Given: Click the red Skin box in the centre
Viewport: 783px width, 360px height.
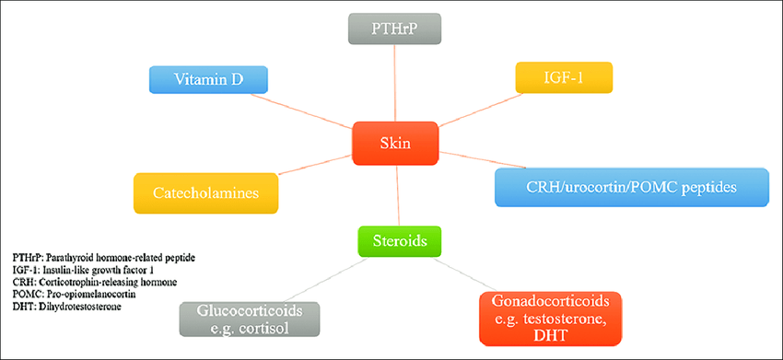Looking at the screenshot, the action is click(x=395, y=144).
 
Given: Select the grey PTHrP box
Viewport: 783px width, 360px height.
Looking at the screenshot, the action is click(x=394, y=28).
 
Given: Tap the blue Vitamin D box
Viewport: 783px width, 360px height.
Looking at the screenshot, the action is click(x=208, y=79).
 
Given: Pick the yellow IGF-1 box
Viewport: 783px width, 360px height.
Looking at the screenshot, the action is click(x=564, y=77).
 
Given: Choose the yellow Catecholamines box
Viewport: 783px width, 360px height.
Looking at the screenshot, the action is click(x=205, y=193).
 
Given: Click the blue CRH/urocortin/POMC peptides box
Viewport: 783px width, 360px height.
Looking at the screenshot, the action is click(x=631, y=188).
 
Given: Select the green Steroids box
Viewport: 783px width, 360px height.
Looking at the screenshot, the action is click(x=400, y=241).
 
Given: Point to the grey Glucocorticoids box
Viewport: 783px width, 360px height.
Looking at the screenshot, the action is click(x=250, y=318).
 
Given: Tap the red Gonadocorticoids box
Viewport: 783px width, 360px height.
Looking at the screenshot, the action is click(x=550, y=319).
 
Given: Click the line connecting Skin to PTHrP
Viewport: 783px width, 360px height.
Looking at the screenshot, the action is click(x=394, y=82).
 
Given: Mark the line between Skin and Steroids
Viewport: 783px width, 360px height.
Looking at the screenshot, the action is click(x=398, y=196).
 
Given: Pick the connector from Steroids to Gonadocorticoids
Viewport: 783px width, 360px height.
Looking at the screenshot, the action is click(x=466, y=274).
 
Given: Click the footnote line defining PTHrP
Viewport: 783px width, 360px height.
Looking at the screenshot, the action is click(x=104, y=258).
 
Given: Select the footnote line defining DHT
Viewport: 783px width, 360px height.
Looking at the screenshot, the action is click(x=67, y=306).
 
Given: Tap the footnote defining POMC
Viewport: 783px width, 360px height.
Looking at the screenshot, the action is click(x=75, y=294).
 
